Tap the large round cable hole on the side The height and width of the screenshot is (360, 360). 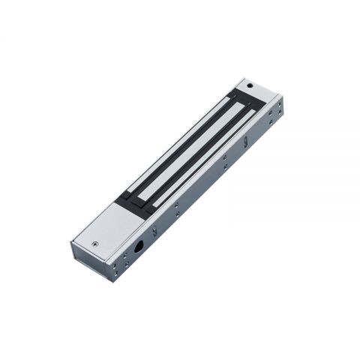139,247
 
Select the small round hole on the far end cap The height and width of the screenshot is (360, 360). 250,87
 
